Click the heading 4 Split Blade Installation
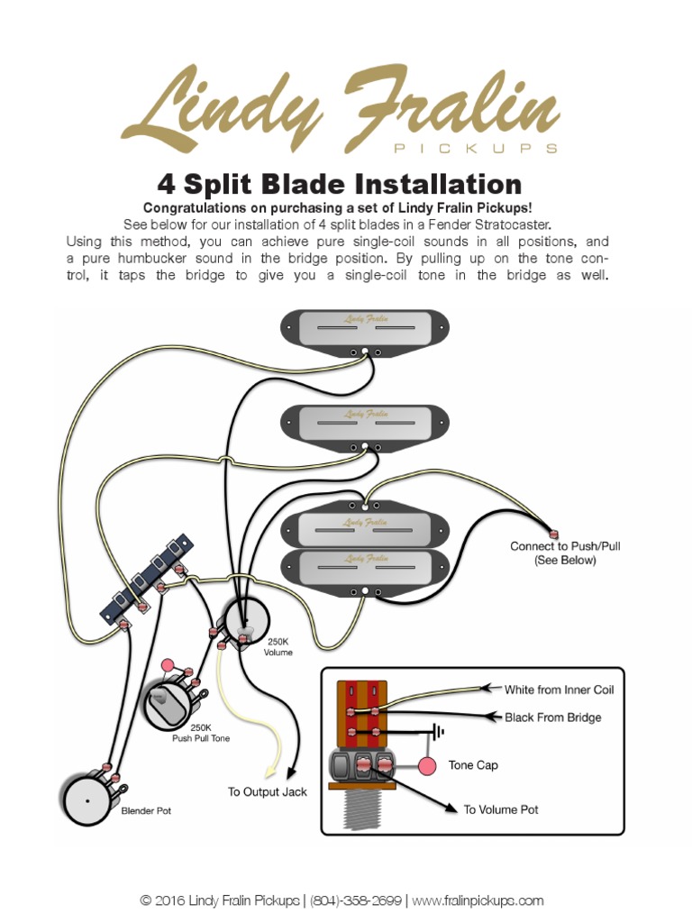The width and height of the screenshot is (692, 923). [340, 185]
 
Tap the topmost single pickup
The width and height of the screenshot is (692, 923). [364, 328]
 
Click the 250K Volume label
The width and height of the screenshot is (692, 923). [278, 647]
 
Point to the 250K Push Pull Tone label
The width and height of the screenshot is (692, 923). [201, 732]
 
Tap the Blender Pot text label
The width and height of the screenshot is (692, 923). [145, 811]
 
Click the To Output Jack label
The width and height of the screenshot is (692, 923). [267, 792]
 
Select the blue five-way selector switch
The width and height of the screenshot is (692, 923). [149, 580]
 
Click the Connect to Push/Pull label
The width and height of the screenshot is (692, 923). [565, 553]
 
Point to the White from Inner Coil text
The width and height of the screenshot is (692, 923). [559, 690]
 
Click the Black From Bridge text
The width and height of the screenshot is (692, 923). [552, 717]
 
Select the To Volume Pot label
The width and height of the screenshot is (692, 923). [501, 809]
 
